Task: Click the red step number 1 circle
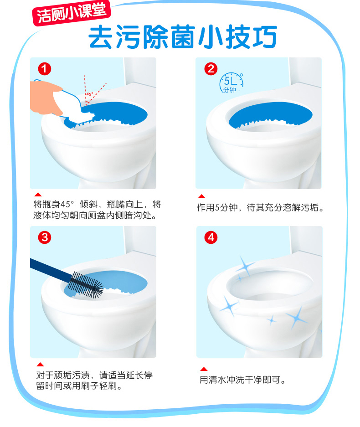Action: click(45, 69)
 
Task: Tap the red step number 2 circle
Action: click(211, 69)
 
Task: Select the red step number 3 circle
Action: click(45, 237)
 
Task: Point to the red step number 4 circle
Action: click(211, 237)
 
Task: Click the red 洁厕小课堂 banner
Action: click(72, 13)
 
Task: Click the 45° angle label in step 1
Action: click(90, 94)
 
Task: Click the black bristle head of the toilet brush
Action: click(86, 285)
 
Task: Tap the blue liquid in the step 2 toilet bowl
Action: click(270, 115)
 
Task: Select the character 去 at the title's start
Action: click(101, 37)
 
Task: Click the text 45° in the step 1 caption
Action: click(67, 204)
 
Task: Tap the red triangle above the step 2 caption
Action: click(202, 196)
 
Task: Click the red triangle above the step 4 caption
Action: click(204, 369)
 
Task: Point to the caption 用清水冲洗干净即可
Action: click(242, 380)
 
